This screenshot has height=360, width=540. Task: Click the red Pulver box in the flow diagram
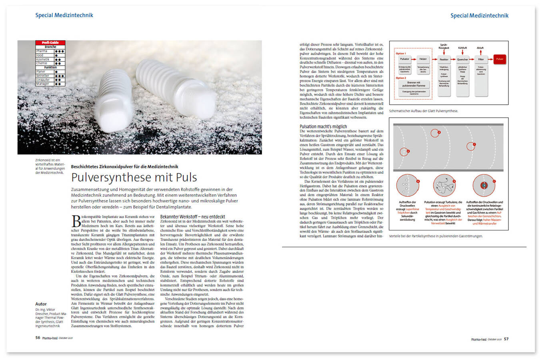(500, 59)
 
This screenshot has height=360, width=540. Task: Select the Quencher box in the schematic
(462, 59)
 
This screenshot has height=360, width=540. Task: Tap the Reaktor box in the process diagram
(444, 59)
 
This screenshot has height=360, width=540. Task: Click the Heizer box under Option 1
(423, 59)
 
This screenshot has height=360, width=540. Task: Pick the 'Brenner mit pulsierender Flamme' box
(414, 84)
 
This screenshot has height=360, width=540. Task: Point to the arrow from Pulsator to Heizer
(414, 59)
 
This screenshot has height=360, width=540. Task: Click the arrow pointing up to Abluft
(481, 52)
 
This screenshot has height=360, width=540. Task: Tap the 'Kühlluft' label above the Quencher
(462, 48)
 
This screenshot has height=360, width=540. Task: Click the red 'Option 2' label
(401, 78)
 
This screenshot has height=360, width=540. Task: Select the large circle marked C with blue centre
(484, 185)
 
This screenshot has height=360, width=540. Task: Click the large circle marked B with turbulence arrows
(444, 185)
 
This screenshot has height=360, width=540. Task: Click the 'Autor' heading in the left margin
(41, 304)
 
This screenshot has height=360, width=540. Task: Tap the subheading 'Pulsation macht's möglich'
(323, 126)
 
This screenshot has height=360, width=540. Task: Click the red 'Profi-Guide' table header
(50, 42)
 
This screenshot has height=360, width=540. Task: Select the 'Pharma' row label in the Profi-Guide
(42, 51)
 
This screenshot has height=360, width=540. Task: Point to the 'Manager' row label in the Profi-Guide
(43, 84)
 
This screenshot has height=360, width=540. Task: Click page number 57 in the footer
(506, 339)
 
